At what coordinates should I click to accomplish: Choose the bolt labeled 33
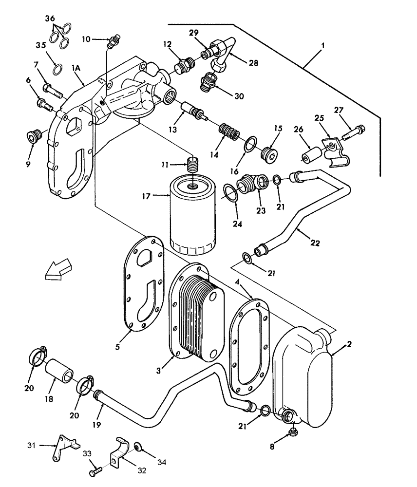coord(96,471)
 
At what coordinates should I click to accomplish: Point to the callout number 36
coord(50,18)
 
